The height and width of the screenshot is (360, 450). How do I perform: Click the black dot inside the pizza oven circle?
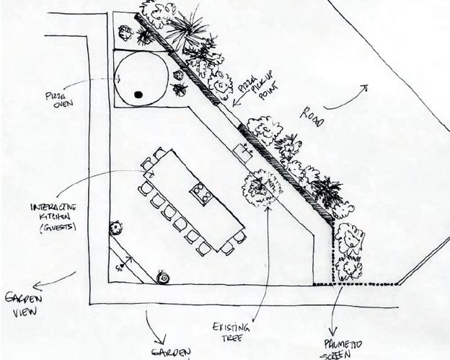(138, 93)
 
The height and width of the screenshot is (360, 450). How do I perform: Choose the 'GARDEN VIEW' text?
(24, 304)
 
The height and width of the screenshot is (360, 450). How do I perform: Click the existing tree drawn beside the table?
(258, 188)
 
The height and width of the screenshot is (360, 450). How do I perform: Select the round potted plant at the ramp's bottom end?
(162, 278)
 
